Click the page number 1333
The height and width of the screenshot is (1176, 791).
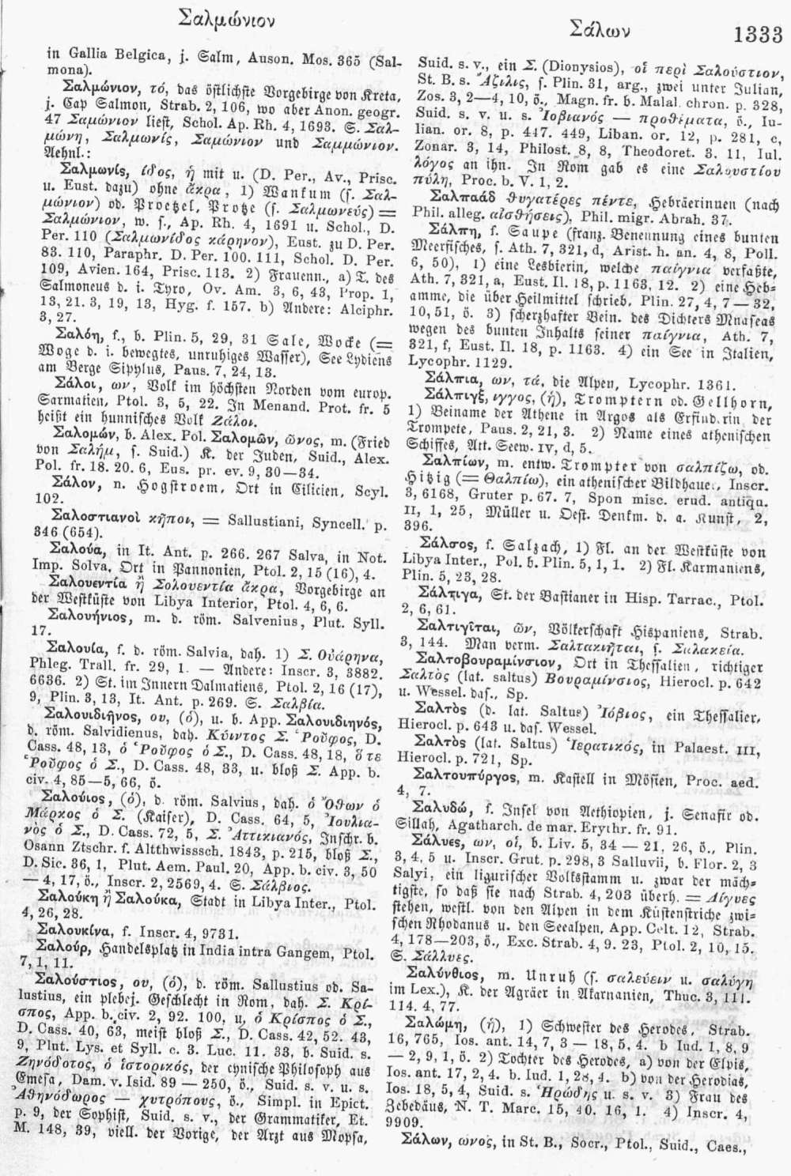(758, 34)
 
